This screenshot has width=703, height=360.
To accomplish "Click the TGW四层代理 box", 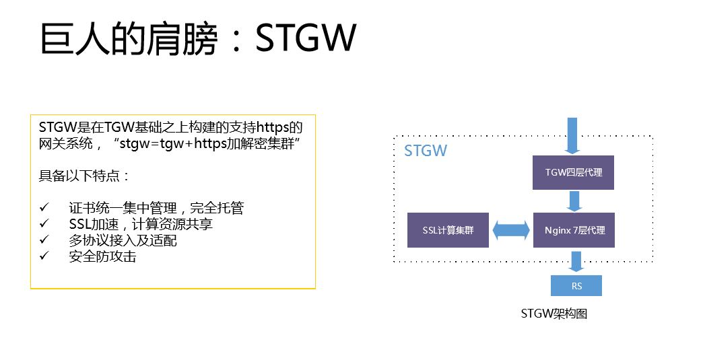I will [573, 172].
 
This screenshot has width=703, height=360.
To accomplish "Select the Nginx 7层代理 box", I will [574, 230].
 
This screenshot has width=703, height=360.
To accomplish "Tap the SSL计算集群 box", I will [448, 230].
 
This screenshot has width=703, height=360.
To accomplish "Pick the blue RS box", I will [576, 286].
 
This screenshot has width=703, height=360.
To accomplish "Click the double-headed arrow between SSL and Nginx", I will [511, 230].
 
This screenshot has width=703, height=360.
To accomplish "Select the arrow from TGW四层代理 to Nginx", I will [574, 201].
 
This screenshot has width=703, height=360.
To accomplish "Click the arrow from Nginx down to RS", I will [576, 260].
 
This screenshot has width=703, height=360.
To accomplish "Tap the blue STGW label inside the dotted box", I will [426, 150].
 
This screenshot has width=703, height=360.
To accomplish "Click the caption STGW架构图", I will [554, 314].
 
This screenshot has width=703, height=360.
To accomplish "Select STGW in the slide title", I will [306, 40].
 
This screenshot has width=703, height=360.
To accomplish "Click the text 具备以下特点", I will [84, 176].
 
